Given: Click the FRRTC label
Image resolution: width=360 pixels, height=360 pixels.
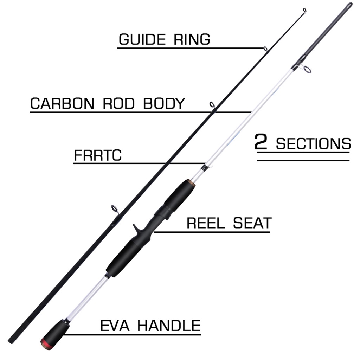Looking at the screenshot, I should [98, 156].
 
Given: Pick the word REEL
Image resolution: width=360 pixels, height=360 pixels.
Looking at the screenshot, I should [205, 223].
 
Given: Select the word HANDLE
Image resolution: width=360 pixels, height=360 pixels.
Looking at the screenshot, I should [169, 326].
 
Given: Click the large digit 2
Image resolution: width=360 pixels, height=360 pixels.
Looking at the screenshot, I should [261, 143].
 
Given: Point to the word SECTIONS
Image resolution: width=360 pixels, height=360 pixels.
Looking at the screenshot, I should [313, 144].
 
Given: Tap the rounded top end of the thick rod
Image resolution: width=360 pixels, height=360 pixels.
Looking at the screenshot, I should [349, 5].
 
